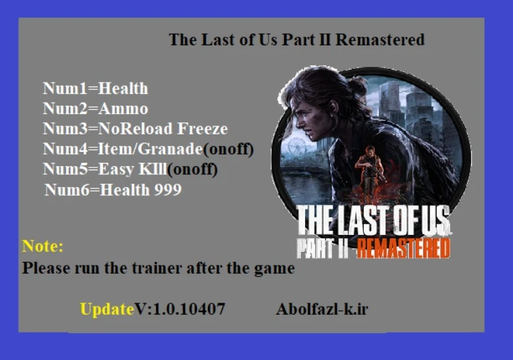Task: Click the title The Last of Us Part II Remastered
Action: pyautogui.click(x=296, y=40)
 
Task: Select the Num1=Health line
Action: pyautogui.click(x=95, y=88)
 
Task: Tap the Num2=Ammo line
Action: pyautogui.click(x=95, y=109)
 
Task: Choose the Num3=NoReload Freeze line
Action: pyautogui.click(x=135, y=129)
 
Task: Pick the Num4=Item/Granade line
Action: pyautogui.click(x=148, y=149)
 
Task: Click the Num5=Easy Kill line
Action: pyautogui.click(x=130, y=169)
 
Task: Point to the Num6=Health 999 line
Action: pyautogui.click(x=113, y=190)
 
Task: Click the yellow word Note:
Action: pyautogui.click(x=43, y=246)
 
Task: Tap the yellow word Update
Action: pyautogui.click(x=107, y=309)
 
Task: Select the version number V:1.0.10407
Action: pyautogui.click(x=180, y=309)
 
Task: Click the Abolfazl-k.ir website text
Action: pyautogui.click(x=322, y=309)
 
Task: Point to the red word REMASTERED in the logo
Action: pyautogui.click(x=403, y=248)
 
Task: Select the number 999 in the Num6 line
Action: pyautogui.click(x=167, y=190)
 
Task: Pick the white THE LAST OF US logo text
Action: pyautogui.click(x=373, y=222)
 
